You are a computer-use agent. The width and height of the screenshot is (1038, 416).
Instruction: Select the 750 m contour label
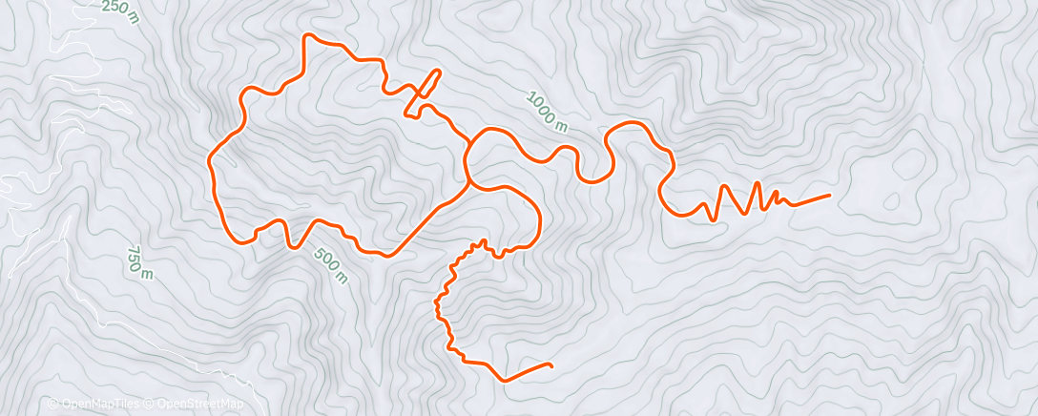tap(139, 263)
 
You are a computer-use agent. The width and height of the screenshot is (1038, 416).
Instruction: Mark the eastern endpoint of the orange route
tap(828, 195)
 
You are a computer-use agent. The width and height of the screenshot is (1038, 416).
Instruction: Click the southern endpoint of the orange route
tap(551, 364)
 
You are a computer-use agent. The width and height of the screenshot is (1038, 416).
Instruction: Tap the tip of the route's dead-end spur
tap(440, 72)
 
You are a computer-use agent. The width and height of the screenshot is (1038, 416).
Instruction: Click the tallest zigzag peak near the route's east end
tap(758, 182)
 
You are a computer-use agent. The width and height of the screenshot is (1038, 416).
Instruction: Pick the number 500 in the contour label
tap(325, 260)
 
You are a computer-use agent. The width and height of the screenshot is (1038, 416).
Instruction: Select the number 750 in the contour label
tap(135, 259)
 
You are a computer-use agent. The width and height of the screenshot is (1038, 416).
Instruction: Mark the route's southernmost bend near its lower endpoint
tap(505, 380)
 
